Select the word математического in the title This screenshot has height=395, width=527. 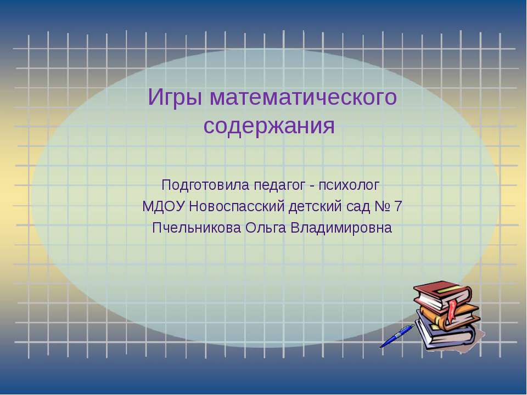click(304, 98)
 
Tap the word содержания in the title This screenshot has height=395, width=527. click(269, 126)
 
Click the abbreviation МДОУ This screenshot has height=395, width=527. click(164, 207)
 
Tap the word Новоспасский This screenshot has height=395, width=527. click(237, 207)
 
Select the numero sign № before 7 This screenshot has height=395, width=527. click(382, 207)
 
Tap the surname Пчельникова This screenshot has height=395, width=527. click(197, 228)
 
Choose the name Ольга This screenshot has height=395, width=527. click(266, 228)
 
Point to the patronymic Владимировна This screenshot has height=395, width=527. click(341, 228)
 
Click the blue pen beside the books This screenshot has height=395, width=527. click(397, 336)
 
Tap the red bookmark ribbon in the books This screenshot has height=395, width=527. click(452, 309)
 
